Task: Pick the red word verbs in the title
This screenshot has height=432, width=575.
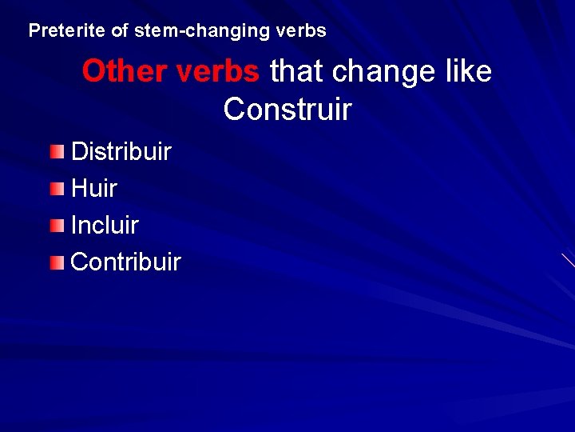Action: click(217, 72)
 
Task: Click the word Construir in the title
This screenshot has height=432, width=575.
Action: click(287, 110)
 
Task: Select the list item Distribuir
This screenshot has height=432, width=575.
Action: click(121, 152)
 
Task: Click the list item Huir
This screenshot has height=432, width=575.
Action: click(93, 189)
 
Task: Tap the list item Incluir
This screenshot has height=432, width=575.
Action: click(105, 226)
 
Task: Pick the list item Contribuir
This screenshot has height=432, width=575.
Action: click(125, 262)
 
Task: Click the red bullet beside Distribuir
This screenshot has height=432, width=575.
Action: click(56, 152)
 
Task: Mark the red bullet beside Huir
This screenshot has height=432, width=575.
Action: click(56, 189)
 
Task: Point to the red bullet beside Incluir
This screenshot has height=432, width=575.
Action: click(56, 226)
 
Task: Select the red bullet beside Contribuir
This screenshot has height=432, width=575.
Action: click(56, 262)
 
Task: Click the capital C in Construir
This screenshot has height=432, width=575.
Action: click(234, 110)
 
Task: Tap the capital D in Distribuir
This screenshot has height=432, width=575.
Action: click(80, 152)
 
